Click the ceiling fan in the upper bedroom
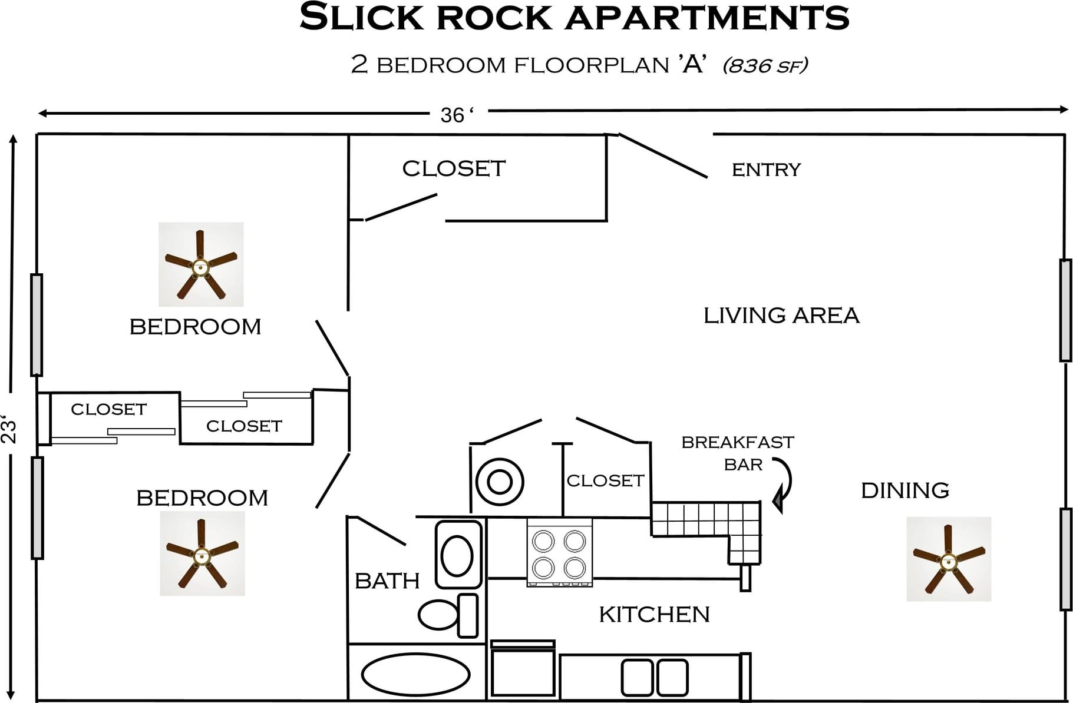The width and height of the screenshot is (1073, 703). point(201,265)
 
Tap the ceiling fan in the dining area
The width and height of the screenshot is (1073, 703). point(948,559)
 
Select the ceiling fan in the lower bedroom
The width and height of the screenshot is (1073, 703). point(202,553)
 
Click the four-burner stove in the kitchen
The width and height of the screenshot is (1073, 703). point(559,552)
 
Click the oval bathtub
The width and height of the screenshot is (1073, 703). point(415,675)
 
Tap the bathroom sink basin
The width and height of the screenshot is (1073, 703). point(458,555)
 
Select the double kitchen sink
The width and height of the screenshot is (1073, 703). point(655,677)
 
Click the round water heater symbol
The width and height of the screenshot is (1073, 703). point(500,482)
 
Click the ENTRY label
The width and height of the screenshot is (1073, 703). point(766,170)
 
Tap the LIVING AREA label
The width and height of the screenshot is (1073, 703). point(781,316)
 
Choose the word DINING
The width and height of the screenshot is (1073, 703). point(904,490)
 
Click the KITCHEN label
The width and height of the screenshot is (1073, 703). point(654,615)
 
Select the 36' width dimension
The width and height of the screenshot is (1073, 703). point(456,115)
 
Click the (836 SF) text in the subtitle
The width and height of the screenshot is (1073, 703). point(765,65)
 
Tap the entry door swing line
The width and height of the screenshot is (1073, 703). point(663,155)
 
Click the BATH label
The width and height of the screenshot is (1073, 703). point(387,581)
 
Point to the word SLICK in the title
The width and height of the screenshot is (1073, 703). point(361,17)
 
